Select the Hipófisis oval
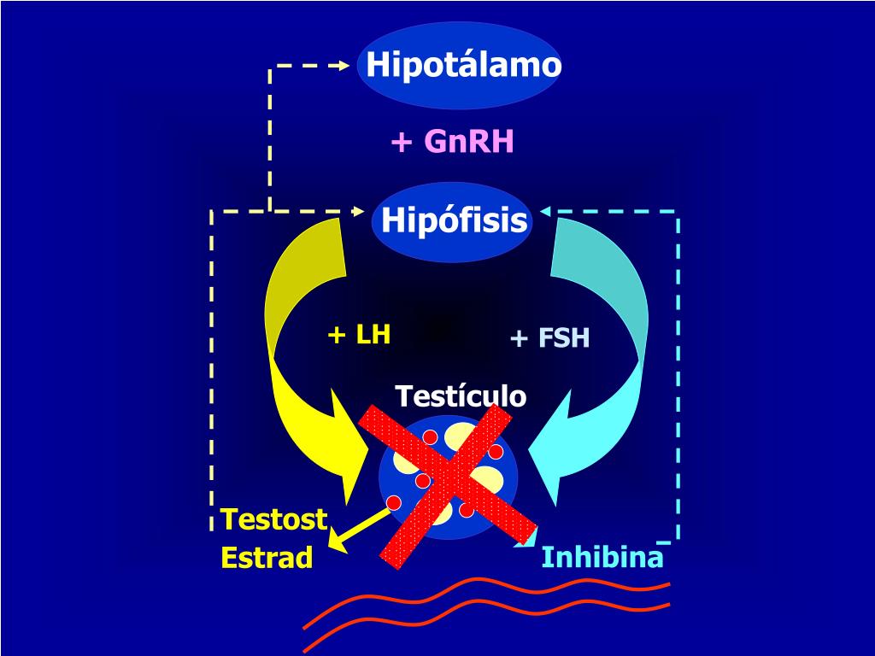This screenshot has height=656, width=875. click(452, 221)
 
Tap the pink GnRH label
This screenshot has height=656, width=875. click(469, 141)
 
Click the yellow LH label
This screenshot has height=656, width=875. click(373, 335)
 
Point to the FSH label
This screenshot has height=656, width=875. click(564, 338)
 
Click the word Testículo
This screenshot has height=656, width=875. click(461, 396)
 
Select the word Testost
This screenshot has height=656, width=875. click(274, 518)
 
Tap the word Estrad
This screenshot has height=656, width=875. click(267, 557)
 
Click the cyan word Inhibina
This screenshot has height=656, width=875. click(602, 557)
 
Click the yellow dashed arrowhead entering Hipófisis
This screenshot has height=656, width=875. click(357, 212)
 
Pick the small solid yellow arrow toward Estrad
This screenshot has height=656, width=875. click(358, 530)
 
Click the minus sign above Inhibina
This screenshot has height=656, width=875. click(663, 542)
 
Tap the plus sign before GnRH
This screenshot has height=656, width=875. click(402, 143)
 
